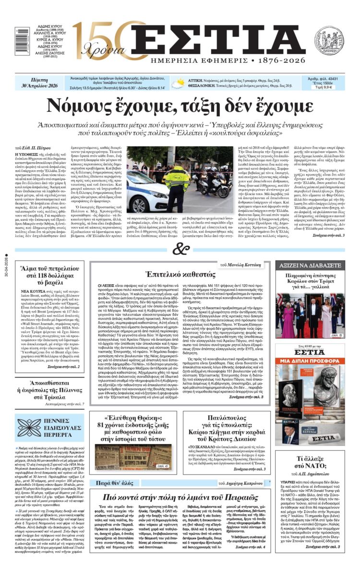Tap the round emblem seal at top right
pos(329,40)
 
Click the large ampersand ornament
pos(180,249)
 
